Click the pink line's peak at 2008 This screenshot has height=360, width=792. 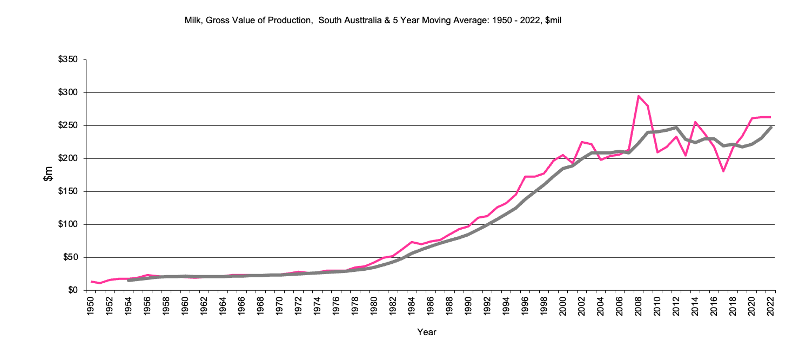click(639, 96)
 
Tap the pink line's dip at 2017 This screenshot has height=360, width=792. click(723, 171)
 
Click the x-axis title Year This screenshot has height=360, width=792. click(426, 332)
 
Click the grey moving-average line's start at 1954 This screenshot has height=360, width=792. click(129, 281)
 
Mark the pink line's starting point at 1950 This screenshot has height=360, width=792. click(91, 282)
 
